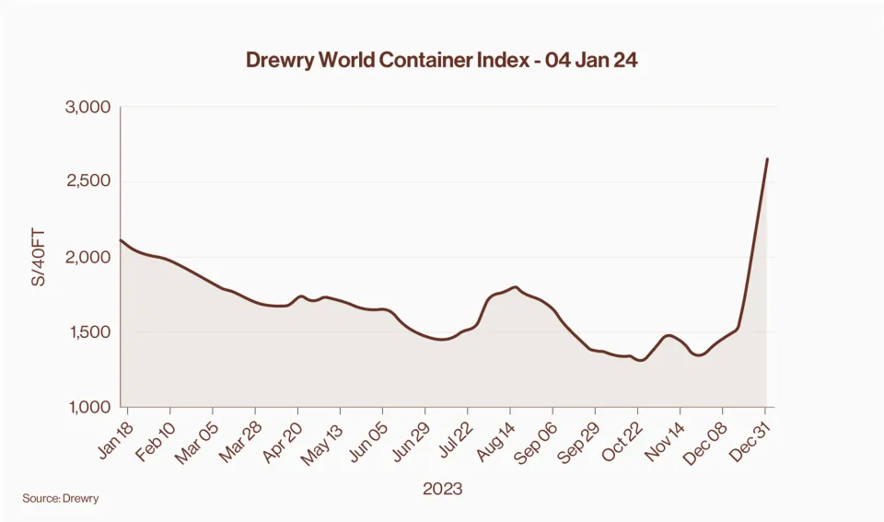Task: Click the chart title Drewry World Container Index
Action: pos(441,61)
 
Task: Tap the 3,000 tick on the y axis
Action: pos(87,107)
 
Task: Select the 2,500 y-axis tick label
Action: pos(87,181)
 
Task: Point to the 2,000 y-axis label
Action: pos(87,257)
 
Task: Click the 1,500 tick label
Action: pos(88,332)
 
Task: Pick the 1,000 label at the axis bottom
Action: pos(88,407)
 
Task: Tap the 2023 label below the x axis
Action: pos(442,489)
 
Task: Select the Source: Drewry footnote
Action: pos(61,498)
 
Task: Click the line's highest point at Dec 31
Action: pos(767,159)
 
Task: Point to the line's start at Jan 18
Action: pos(122,240)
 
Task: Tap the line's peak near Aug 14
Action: pos(514,287)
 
